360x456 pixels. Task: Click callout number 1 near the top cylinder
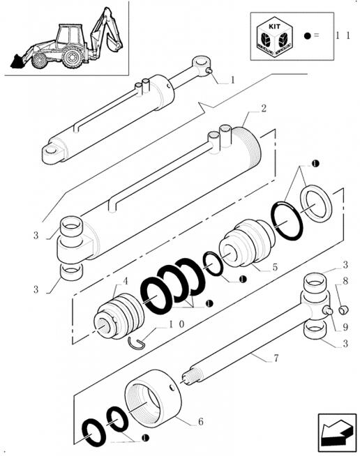point(232,80)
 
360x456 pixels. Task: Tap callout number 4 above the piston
point(126,282)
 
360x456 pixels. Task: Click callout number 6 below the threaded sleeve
point(201,421)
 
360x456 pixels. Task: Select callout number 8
point(345,282)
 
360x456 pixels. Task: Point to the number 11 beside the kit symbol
point(341,34)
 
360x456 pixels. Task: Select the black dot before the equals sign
point(306,34)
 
